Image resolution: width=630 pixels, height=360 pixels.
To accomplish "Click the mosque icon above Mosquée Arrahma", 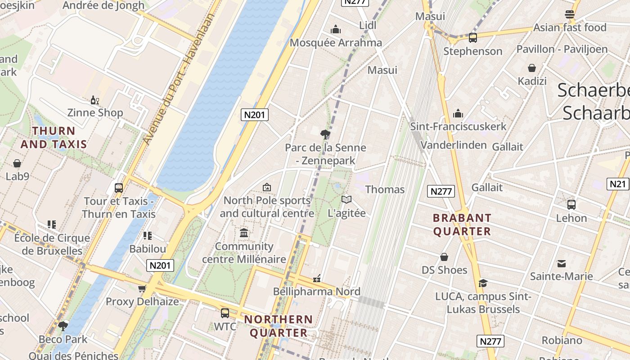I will (x=335, y=30).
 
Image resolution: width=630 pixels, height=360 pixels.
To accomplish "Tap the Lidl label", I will (x=368, y=26).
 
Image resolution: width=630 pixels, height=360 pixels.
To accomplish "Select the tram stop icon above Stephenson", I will (x=472, y=38).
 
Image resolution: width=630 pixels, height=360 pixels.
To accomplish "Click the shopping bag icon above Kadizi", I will (x=532, y=68).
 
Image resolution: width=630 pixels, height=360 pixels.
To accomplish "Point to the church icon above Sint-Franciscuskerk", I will (x=458, y=113).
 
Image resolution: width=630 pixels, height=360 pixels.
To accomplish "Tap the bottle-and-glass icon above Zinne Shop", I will (x=94, y=99).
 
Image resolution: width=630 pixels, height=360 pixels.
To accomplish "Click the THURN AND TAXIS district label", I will (x=54, y=138).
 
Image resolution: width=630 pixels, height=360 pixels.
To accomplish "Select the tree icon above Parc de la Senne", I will (x=325, y=134).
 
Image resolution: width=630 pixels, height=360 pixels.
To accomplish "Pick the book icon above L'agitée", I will (x=346, y=199).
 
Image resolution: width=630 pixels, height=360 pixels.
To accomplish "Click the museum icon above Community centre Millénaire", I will (x=244, y=233).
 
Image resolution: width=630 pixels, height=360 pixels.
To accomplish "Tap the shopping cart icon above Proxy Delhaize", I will (x=142, y=288).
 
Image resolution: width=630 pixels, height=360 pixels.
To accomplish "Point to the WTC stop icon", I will (x=225, y=313).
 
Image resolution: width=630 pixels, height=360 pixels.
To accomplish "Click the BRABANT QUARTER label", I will (x=462, y=225).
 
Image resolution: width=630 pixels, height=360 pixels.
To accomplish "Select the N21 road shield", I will (x=617, y=184).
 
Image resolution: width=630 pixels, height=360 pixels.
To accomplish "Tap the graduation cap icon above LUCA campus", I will (x=483, y=283).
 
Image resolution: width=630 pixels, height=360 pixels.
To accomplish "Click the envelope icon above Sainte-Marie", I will (x=561, y=263).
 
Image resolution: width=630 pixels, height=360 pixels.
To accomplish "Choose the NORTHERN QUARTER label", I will (x=278, y=326).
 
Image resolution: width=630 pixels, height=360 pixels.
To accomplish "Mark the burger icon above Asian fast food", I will (x=570, y=14).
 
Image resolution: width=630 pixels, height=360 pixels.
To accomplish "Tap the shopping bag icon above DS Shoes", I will (x=444, y=257).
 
